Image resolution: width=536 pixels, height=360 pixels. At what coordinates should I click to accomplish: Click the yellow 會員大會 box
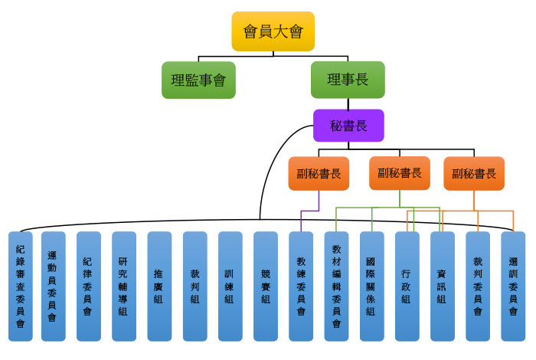click(273, 31)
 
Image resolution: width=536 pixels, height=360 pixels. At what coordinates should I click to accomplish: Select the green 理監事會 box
click(198, 80)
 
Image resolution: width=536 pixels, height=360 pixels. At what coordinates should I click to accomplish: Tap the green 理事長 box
click(347, 80)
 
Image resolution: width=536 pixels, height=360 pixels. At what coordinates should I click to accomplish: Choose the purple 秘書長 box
click(348, 126)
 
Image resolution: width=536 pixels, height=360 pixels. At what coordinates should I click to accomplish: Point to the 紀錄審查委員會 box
click(20, 286)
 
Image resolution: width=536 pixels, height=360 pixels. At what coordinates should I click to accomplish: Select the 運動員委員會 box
click(53, 286)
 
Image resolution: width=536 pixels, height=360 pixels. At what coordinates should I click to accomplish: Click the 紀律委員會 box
click(88, 286)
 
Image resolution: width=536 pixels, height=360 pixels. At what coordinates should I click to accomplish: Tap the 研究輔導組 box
click(123, 286)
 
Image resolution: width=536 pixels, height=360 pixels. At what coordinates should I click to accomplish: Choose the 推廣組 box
click(159, 286)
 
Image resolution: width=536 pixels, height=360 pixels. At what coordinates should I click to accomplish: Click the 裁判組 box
click(194, 286)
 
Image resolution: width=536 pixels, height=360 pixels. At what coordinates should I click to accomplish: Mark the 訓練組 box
click(230, 286)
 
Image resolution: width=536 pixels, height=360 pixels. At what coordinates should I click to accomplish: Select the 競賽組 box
click(265, 286)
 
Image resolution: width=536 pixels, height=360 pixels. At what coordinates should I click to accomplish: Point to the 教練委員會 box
click(301, 286)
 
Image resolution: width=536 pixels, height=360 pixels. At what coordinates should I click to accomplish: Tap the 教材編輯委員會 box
click(336, 286)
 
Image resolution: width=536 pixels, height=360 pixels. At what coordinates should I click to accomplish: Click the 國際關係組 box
click(371, 286)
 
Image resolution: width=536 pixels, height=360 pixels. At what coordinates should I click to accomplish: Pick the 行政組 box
click(407, 286)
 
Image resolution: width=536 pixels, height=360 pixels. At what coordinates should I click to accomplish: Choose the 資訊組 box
click(442, 286)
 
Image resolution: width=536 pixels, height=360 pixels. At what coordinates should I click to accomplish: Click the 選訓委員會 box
click(512, 286)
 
